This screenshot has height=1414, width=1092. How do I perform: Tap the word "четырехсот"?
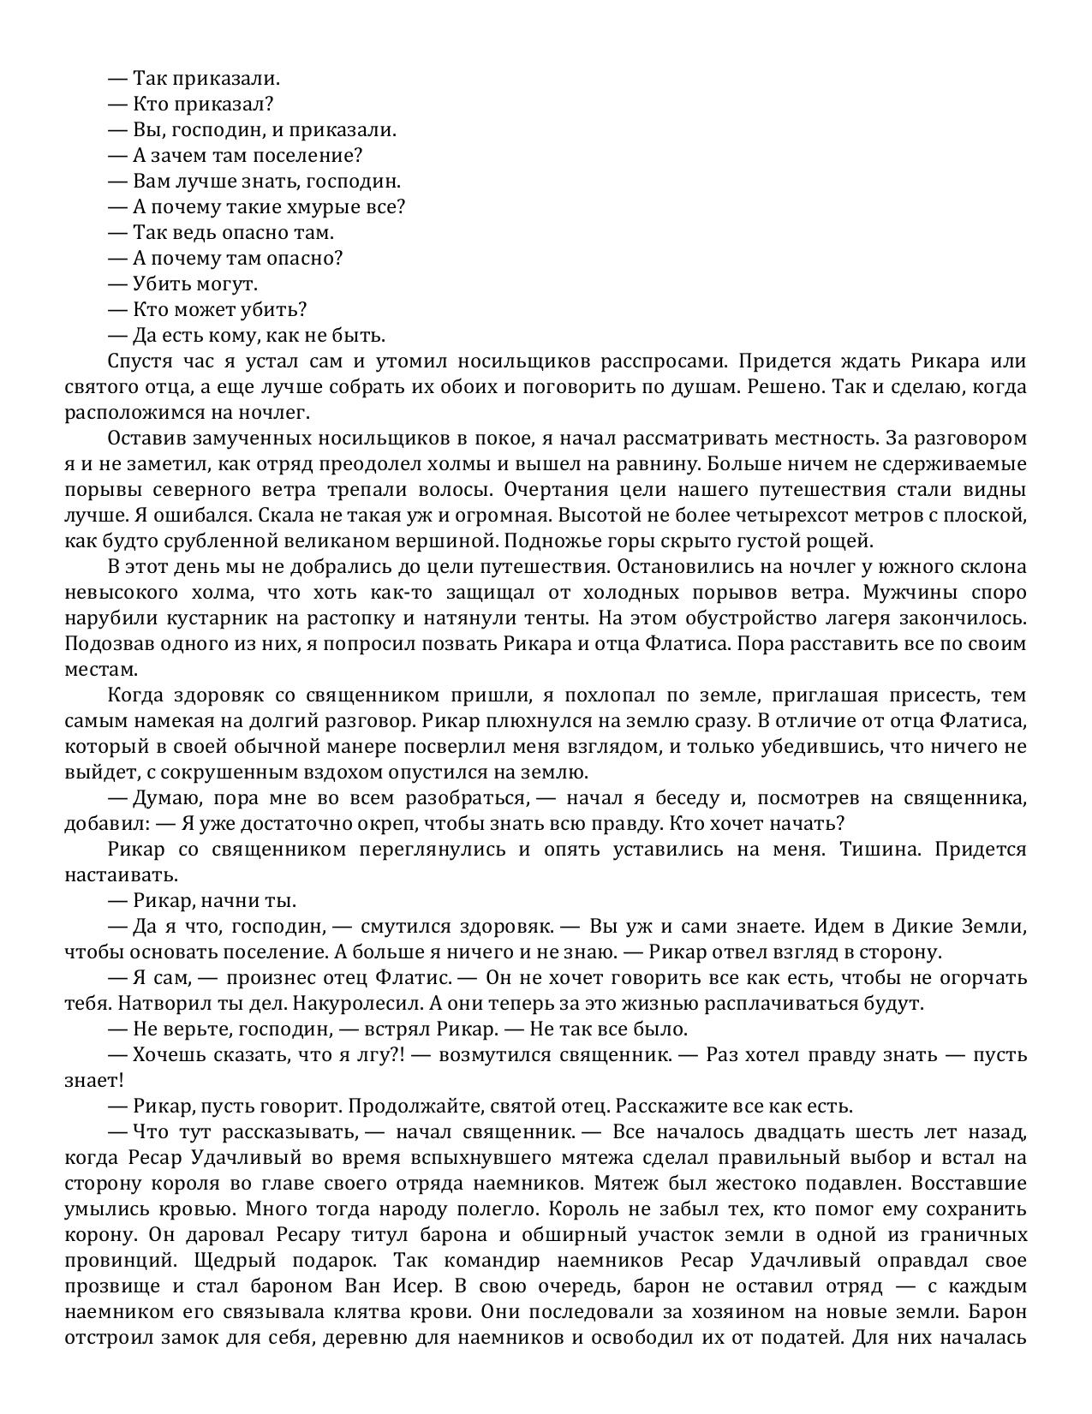[x=801, y=516]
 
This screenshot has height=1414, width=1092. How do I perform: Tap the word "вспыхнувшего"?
[x=463, y=1158]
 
